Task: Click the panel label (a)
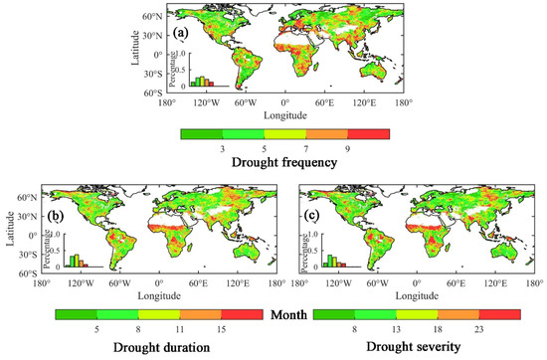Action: [x=181, y=32]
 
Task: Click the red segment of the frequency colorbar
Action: [x=369, y=130]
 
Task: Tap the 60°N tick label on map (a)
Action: [x=151, y=17]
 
